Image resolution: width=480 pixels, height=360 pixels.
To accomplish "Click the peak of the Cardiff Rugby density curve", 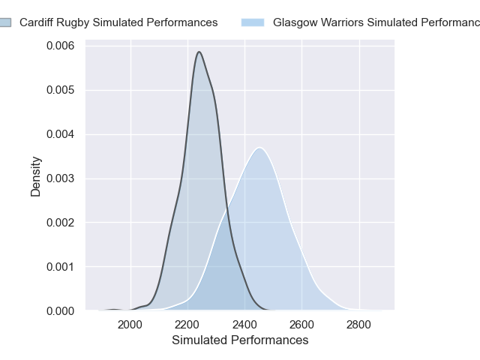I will tap(199, 52).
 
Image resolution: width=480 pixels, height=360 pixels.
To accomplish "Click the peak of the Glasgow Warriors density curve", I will tap(259, 148).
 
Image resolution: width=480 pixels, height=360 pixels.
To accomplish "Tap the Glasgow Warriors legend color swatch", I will tap(253, 22).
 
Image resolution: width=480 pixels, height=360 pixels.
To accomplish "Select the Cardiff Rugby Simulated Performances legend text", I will tap(118, 22).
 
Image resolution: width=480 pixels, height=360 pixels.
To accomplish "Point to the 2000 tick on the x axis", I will tap(130, 325).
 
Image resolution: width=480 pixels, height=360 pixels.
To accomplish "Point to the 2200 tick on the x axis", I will tap(187, 325).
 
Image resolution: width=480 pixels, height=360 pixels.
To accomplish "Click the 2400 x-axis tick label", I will tap(244, 325).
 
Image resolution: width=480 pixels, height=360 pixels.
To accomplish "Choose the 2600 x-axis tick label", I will tap(301, 325).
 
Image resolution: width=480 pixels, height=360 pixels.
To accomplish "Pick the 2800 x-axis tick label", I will tap(358, 325).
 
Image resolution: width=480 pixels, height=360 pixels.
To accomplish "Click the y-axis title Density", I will tap(35, 176).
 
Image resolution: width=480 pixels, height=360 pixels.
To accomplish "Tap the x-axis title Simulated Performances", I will tap(240, 340).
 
